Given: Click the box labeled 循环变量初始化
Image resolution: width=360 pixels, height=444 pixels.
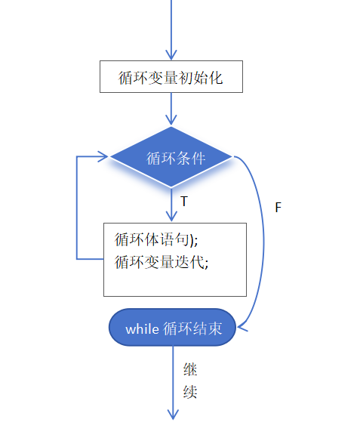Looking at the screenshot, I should [171, 77].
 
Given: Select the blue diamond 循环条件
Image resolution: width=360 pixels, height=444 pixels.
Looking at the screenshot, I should [172, 158].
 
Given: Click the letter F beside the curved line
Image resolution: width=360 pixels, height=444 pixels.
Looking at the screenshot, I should [278, 207].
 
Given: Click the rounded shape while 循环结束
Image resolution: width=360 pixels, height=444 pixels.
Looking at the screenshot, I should [172, 328].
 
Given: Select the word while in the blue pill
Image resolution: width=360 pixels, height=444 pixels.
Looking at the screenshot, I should [142, 328].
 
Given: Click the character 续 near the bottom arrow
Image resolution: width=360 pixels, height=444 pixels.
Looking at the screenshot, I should [190, 393].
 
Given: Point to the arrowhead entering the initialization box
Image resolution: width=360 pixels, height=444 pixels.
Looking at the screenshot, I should [172, 55].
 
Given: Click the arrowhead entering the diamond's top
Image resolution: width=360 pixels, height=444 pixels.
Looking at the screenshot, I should [172, 119].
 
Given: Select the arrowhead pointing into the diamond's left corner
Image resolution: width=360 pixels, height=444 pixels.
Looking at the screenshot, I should [104, 157].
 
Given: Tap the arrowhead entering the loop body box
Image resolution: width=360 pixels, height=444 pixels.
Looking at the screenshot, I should [172, 216].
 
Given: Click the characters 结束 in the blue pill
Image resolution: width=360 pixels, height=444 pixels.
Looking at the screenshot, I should [211, 328].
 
